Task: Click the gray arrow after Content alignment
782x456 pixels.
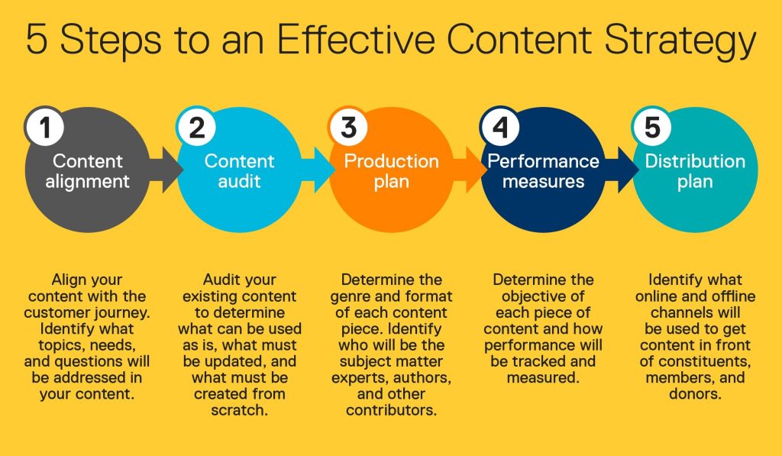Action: pyautogui.click(x=166, y=170)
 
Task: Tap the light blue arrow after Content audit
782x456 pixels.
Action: pyautogui.click(x=318, y=170)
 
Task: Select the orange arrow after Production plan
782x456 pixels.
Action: pyautogui.click(x=470, y=170)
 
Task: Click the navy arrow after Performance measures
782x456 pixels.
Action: pyautogui.click(x=621, y=170)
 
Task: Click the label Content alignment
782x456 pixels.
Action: pyautogui.click(x=87, y=171)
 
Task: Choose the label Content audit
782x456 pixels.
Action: pyautogui.click(x=239, y=171)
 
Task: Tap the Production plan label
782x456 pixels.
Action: pyautogui.click(x=392, y=171)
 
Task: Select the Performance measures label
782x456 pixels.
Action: pyautogui.click(x=543, y=171)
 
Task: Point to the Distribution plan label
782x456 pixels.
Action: pyautogui.click(x=695, y=171)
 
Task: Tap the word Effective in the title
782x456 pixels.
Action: pyautogui.click(x=356, y=38)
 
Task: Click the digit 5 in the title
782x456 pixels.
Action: pyautogui.click(x=37, y=39)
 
